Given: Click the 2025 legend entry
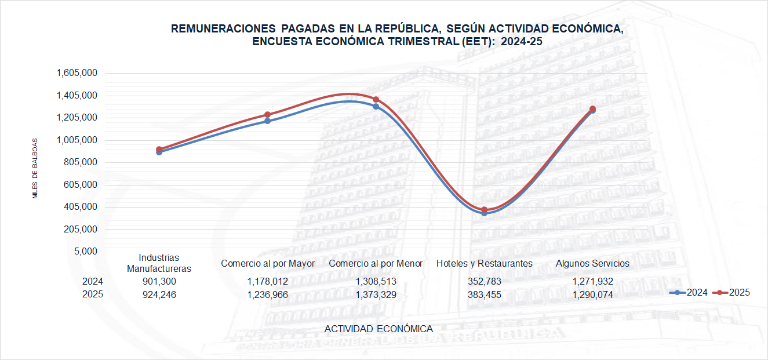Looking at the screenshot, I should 734,293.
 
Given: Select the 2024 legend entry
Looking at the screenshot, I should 691,293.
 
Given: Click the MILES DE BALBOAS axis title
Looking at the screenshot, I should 35,168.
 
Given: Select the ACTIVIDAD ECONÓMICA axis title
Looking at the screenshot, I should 378,329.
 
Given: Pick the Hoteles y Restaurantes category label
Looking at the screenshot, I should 484,263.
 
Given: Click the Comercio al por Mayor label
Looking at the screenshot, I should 268,264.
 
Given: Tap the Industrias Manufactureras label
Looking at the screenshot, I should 159,263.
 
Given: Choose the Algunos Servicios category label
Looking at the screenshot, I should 592,263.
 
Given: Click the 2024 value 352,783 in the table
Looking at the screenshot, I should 484,281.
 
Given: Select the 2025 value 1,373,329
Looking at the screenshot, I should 376,294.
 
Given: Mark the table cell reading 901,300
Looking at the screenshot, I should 159,281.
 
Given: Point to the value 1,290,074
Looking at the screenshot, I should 592,294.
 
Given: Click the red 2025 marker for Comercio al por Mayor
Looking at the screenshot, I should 267,115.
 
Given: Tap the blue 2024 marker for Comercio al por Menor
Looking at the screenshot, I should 376,107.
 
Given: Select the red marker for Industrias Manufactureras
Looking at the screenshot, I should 159,150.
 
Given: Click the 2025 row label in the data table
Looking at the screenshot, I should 93,294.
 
